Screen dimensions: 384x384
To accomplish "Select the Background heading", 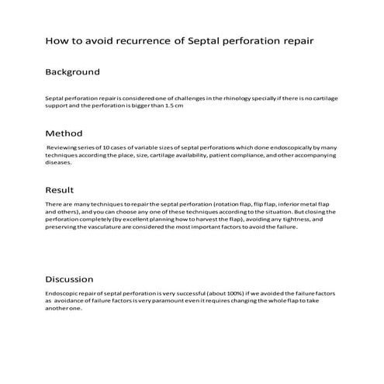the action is click(72, 72).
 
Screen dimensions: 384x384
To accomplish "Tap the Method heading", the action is click(64, 133).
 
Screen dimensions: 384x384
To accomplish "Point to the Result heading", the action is click(60, 190).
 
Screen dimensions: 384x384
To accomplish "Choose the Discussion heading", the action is click(69, 279).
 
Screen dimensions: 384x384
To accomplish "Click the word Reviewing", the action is click(62, 147).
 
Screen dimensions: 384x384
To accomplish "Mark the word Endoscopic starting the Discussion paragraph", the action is click(64, 293).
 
